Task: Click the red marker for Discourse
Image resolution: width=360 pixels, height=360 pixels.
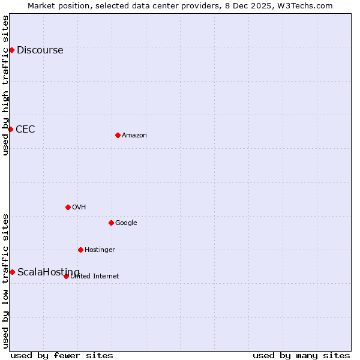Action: pyautogui.click(x=11, y=50)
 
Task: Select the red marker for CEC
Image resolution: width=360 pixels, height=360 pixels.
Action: pyautogui.click(x=10, y=129)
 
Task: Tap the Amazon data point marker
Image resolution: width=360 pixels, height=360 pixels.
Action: pyautogui.click(x=118, y=135)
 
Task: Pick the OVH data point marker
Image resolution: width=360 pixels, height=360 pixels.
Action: pyautogui.click(x=68, y=207)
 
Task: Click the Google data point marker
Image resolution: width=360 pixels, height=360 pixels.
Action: pyautogui.click(x=111, y=223)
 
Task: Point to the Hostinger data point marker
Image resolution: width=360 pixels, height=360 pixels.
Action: pyautogui.click(x=80, y=250)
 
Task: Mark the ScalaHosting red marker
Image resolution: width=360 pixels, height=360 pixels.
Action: pyautogui.click(x=12, y=272)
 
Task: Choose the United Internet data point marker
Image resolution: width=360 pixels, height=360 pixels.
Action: pyautogui.click(x=66, y=276)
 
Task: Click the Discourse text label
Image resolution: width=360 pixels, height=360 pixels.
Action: pyautogui.click(x=40, y=50)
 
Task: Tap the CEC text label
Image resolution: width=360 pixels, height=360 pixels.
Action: pyautogui.click(x=25, y=130)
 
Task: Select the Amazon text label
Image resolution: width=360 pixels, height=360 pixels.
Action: pyautogui.click(x=134, y=136)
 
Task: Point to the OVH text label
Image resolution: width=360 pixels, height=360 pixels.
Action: pyautogui.click(x=79, y=208)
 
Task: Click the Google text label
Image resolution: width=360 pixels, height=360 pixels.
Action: pyautogui.click(x=126, y=223)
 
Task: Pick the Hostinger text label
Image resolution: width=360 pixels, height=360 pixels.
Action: pyautogui.click(x=100, y=250)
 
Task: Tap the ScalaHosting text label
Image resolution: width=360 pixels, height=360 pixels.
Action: pyautogui.click(x=48, y=272)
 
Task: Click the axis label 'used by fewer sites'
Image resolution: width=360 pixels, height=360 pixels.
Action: pyautogui.click(x=62, y=356)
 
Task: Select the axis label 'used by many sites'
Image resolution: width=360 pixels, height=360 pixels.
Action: pyautogui.click(x=301, y=356)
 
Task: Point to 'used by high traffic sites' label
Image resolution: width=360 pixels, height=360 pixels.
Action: pyautogui.click(x=6, y=85)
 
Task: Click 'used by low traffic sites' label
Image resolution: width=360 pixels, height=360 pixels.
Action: pyautogui.click(x=6, y=280)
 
